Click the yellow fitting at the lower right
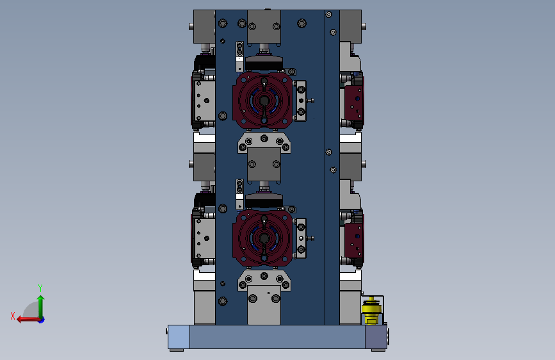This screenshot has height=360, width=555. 371,311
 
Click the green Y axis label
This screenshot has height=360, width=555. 40,288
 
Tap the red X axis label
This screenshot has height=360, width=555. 13,316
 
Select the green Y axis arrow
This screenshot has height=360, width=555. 41,306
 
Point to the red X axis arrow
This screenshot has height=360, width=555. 29,320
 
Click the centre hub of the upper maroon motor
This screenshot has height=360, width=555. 264,101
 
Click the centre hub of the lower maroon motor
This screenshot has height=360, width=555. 264,238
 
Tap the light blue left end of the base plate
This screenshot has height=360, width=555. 179,337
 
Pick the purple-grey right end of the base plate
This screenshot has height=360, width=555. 376,337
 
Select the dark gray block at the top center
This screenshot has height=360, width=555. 264,26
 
